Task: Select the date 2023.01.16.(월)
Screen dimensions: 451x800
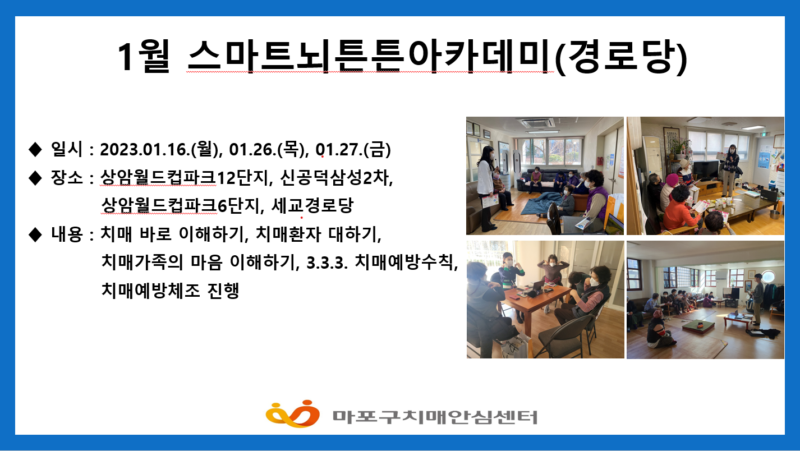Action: [159, 150]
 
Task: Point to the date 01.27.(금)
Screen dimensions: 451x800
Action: [353, 150]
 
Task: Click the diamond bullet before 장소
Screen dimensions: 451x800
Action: [35, 178]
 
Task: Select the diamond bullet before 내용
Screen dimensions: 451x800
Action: [35, 234]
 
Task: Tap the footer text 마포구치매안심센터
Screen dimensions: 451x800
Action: [435, 416]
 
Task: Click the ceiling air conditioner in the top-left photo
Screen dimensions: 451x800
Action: [538, 123]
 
